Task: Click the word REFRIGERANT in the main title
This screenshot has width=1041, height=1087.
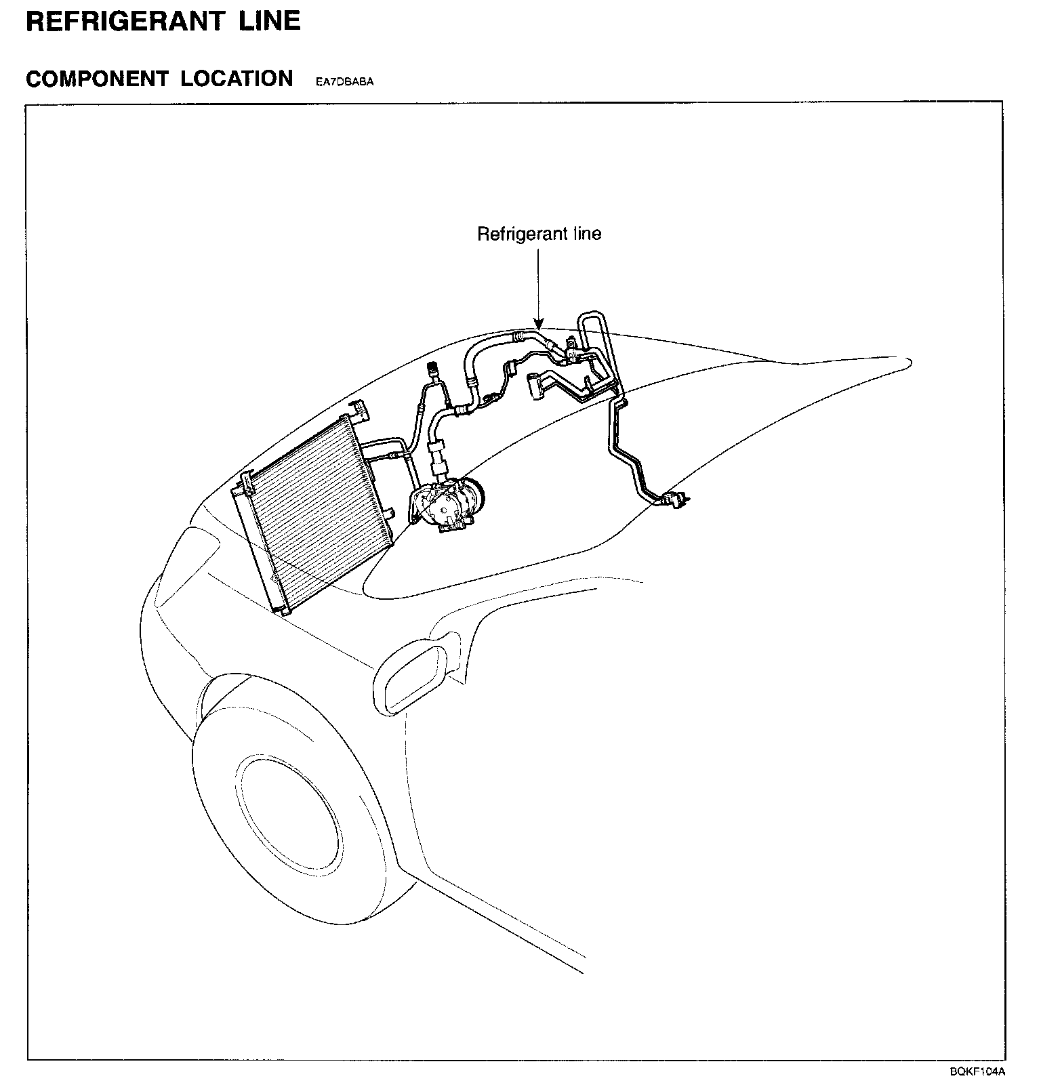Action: pos(124,21)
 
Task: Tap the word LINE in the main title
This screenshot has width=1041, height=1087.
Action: pos(269,21)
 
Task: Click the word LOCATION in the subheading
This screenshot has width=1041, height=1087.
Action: pos(237,79)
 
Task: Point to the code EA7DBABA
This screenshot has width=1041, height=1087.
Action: pos(344,82)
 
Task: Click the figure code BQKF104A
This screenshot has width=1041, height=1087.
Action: pos(977,1071)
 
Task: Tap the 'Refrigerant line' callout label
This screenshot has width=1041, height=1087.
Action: pos(539,234)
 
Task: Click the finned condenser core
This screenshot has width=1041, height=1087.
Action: pos(312,501)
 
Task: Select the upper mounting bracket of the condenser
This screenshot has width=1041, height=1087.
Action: pos(359,410)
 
